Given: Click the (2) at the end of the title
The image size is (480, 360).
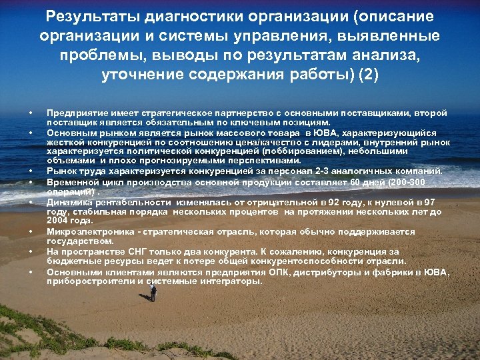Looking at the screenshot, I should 368,73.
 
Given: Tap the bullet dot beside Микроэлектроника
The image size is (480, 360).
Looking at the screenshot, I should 30,232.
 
